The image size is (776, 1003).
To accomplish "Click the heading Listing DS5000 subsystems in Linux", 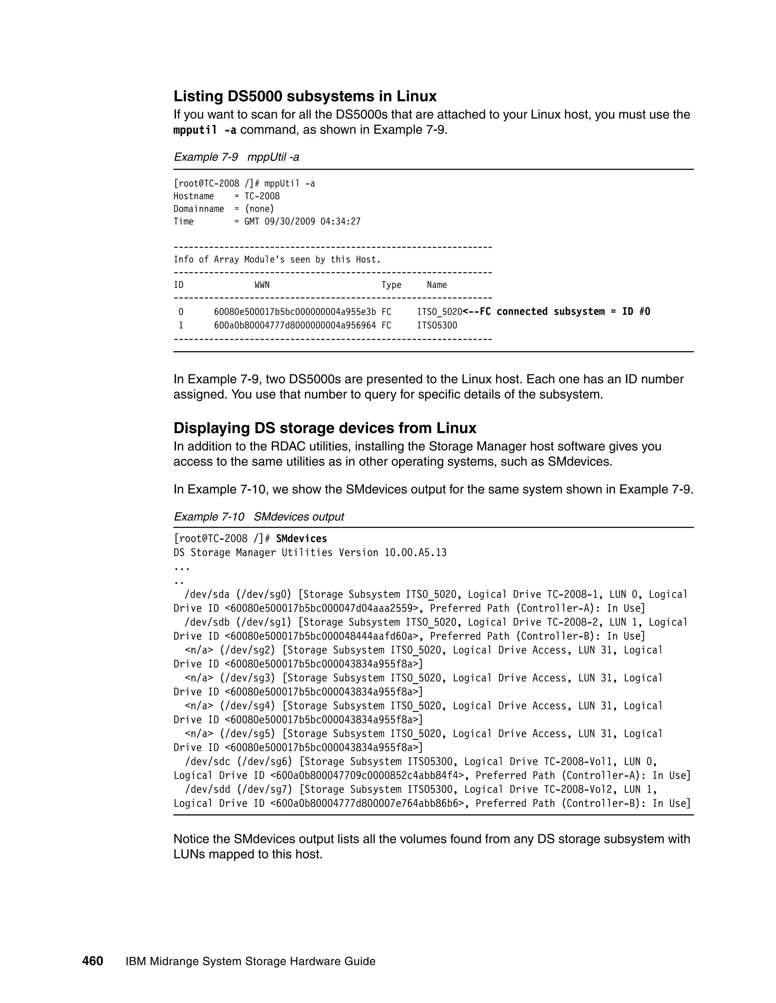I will (x=305, y=96).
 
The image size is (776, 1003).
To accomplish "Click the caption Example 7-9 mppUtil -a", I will (x=236, y=157).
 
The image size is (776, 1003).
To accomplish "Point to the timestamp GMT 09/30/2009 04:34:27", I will (x=302, y=221).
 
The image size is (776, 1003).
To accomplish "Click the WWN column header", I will (x=262, y=285).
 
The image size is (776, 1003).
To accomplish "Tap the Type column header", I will (x=391, y=285).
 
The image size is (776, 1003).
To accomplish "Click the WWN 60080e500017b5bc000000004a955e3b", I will (x=295, y=312).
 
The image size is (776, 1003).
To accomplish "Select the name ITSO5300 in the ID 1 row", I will (x=437, y=325).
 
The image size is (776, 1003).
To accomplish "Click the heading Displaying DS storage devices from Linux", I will (x=325, y=428).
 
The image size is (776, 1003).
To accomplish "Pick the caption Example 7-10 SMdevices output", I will (x=258, y=517).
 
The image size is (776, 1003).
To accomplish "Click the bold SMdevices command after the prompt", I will (x=302, y=538).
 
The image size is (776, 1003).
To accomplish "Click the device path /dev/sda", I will (x=207, y=594).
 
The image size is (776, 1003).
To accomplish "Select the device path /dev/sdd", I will (x=207, y=789).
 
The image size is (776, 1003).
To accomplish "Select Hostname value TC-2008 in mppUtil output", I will (x=262, y=196).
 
